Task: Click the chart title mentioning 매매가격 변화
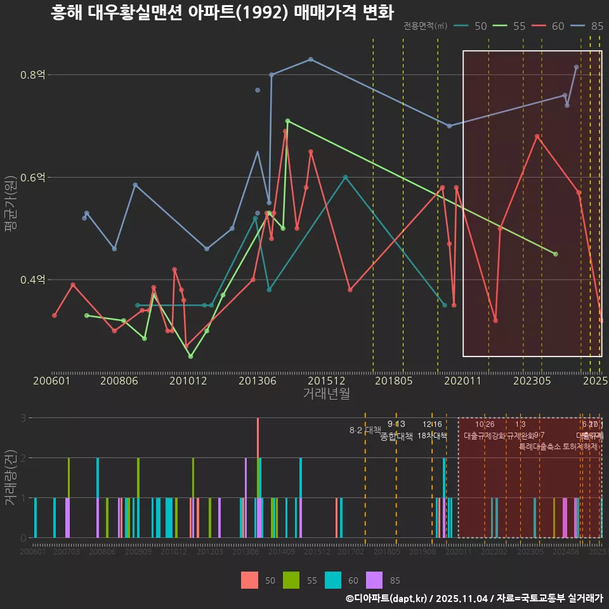point(222,13)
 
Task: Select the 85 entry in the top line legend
point(596,26)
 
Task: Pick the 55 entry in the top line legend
point(519,26)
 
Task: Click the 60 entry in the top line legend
point(558,26)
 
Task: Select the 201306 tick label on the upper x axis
point(256,381)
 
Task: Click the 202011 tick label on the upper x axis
point(462,381)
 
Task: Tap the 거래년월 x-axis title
point(326,393)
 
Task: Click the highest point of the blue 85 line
point(310,59)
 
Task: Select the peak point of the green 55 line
point(287,121)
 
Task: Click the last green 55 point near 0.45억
point(555,254)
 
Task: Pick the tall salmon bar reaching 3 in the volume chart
point(258,444)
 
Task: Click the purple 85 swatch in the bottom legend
point(375,580)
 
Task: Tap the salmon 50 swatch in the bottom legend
point(249,580)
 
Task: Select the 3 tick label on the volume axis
point(22,418)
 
